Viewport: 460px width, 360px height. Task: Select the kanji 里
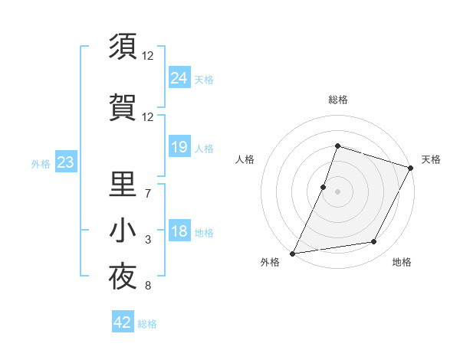click(123, 184)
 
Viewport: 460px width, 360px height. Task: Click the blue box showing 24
click(179, 77)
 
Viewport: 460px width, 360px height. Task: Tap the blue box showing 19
click(179, 147)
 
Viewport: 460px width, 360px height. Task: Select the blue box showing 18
click(179, 232)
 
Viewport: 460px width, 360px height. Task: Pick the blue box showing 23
click(64, 162)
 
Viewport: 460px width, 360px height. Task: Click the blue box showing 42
click(123, 322)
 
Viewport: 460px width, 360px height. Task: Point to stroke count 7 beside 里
click(148, 193)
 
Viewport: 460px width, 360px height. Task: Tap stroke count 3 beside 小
click(148, 241)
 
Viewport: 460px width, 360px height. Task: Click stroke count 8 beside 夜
click(148, 287)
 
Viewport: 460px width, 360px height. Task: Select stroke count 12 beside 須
click(148, 55)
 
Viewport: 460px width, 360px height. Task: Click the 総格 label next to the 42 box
click(148, 324)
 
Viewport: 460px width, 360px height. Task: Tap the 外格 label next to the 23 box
click(41, 164)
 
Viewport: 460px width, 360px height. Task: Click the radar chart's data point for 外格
click(293, 253)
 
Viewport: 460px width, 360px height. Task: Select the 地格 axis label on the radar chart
click(402, 263)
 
